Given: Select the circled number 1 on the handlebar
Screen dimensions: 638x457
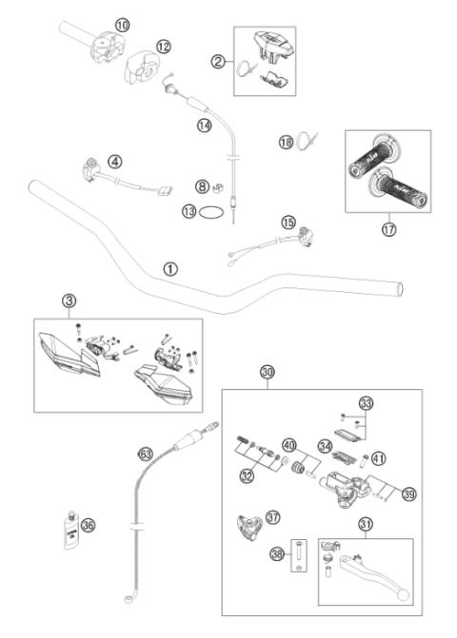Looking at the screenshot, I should [x=170, y=269].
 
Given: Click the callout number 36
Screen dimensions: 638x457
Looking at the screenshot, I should [x=89, y=523].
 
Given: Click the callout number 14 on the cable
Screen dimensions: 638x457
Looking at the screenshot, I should [x=204, y=126].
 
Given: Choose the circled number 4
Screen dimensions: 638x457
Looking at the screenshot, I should [x=114, y=163].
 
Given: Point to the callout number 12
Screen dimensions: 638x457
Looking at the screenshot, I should [x=164, y=46].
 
